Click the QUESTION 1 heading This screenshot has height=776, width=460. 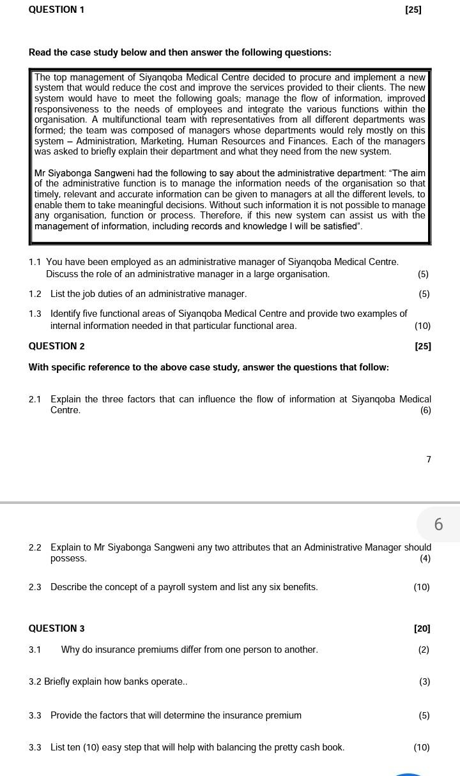coord(56,10)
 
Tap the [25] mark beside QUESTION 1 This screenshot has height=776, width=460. coord(413,10)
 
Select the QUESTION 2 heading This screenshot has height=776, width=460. coord(56,346)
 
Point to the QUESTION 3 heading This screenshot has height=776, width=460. coord(56,628)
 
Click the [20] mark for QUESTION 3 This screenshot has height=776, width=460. coord(422,628)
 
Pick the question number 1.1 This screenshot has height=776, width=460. coord(35,262)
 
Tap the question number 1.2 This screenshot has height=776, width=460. coord(35,294)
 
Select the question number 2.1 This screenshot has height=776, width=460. coord(35,399)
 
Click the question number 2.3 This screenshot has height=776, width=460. coord(35,587)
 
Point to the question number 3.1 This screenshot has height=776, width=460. coord(35,650)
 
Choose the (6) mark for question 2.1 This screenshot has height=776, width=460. coord(425,410)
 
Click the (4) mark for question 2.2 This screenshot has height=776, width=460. coord(425,558)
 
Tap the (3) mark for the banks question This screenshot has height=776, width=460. coord(424,681)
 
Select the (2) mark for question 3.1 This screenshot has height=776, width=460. coord(424,650)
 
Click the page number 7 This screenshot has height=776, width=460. coord(429,459)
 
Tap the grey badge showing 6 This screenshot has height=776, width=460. coord(438,524)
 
